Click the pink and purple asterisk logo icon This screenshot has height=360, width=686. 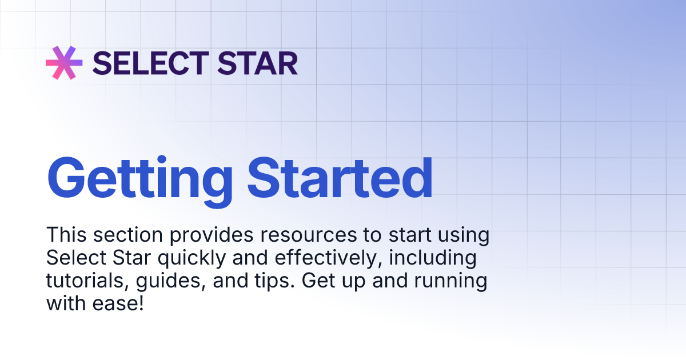tap(64, 62)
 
